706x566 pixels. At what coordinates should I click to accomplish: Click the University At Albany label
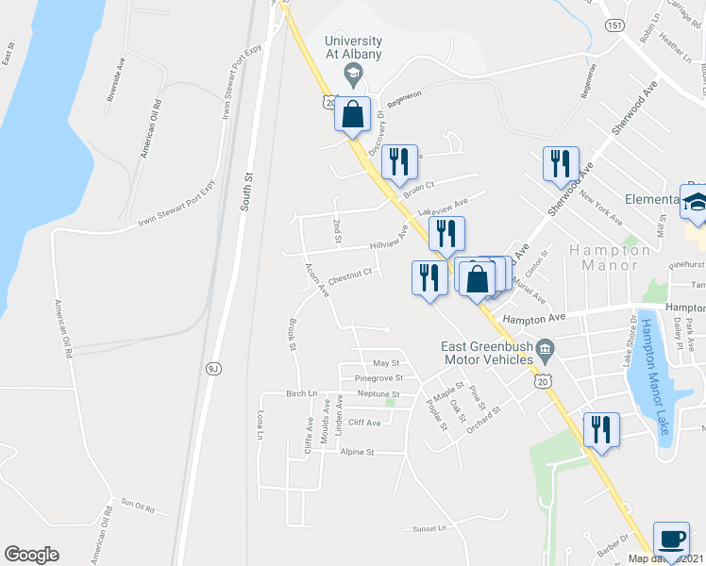354,48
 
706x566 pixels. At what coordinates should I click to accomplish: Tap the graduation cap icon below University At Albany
353,73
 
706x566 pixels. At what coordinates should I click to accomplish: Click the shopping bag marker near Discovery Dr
352,115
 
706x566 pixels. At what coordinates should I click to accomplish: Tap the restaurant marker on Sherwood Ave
561,163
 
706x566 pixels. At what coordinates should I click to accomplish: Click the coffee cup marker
671,540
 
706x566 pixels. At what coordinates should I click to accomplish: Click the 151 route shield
614,26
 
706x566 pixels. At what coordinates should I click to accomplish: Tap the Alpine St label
358,452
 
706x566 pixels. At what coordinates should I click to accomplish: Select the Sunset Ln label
429,529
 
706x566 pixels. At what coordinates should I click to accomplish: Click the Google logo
31,555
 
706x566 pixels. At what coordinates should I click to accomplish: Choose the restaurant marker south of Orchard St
600,430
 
